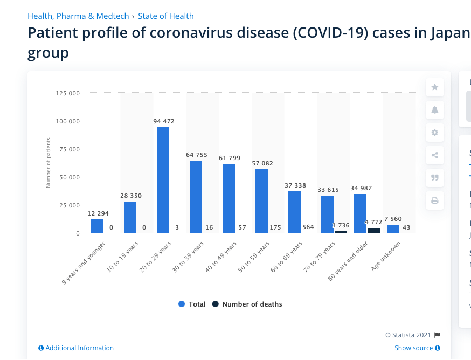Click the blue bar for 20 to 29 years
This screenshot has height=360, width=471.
point(163,180)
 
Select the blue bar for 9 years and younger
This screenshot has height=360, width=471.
point(97,226)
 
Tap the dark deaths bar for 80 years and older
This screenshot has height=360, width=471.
point(373,231)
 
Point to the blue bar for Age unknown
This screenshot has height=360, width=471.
point(393,229)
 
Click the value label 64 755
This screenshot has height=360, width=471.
point(196,155)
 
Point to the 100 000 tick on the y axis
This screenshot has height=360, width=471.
point(68,121)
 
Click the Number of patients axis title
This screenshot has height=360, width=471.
point(49,163)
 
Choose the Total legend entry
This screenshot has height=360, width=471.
point(192,304)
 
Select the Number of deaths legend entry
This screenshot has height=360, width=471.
point(247,304)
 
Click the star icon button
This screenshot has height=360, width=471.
point(435,87)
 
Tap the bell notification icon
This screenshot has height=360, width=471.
point(435,110)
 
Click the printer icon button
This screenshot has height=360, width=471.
point(435,200)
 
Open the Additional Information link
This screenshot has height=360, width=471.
point(77,348)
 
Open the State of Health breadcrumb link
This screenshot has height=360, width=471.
point(166,16)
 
